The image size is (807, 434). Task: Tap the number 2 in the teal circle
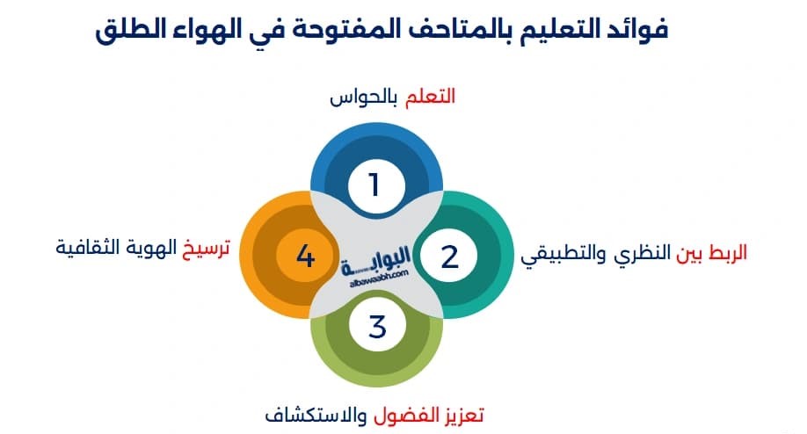coord(449,257)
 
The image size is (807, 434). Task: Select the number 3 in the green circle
coord(377,326)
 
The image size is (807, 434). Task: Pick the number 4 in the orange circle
coord(305,257)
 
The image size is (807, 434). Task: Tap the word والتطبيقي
coord(557,257)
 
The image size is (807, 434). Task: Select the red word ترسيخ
coord(207,249)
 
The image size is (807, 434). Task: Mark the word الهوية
coord(152,249)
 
